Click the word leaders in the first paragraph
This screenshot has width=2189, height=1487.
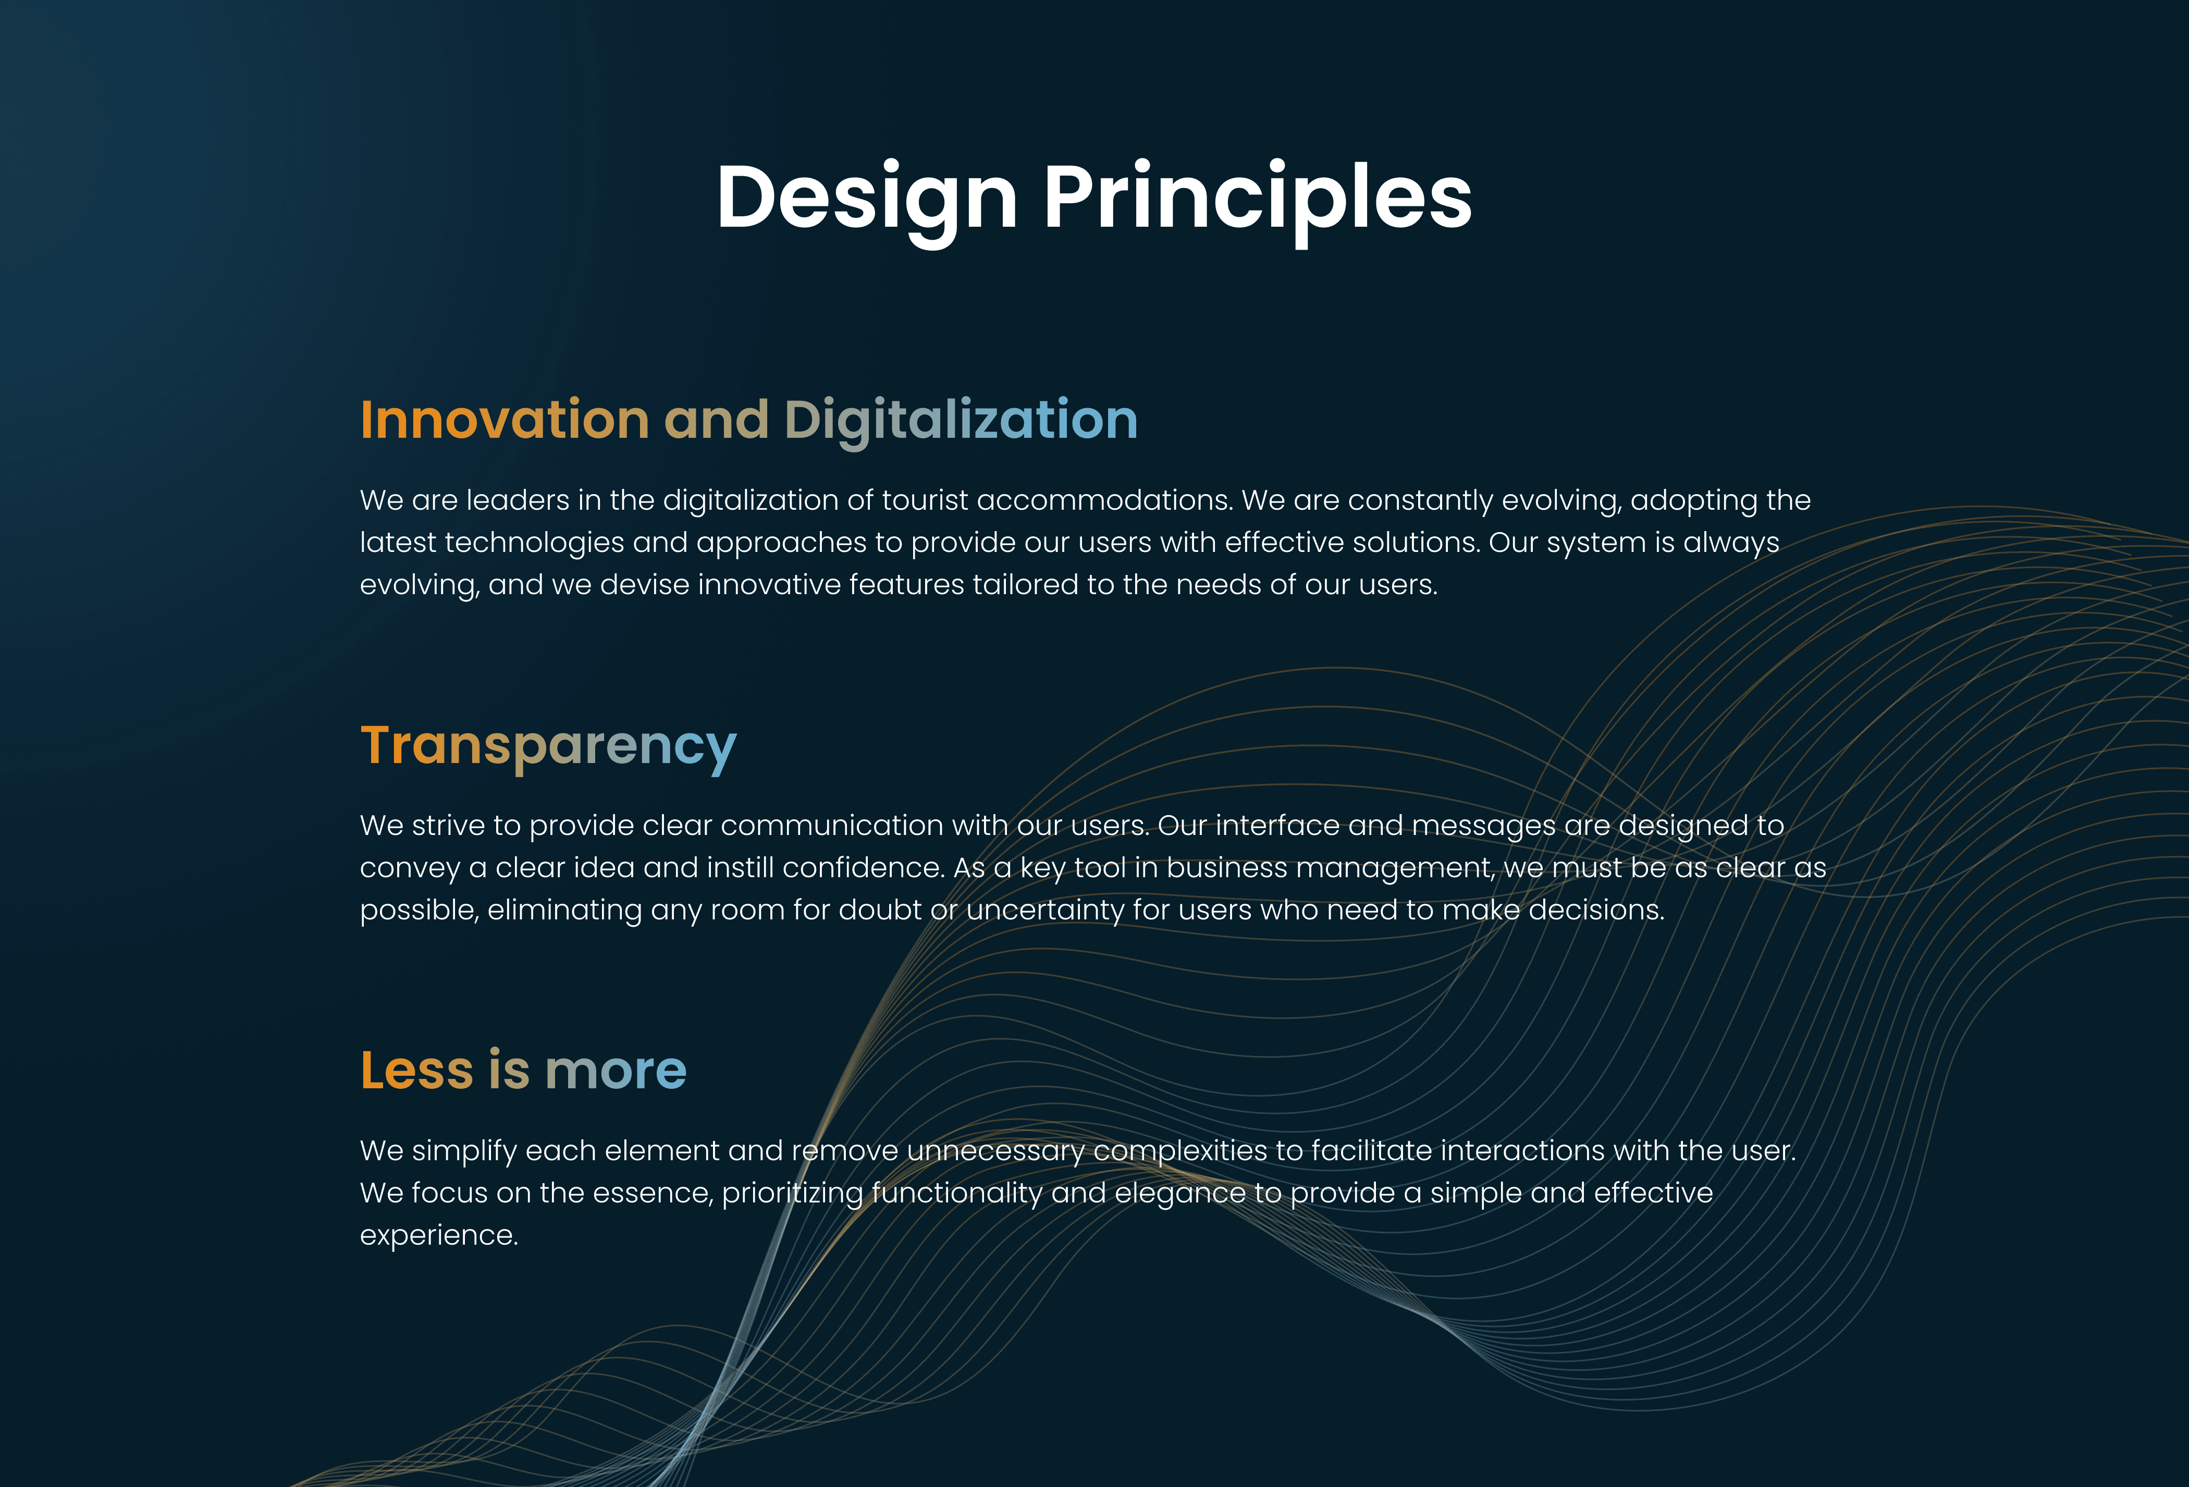(x=517, y=500)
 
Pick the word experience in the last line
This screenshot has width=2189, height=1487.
(x=439, y=1236)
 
